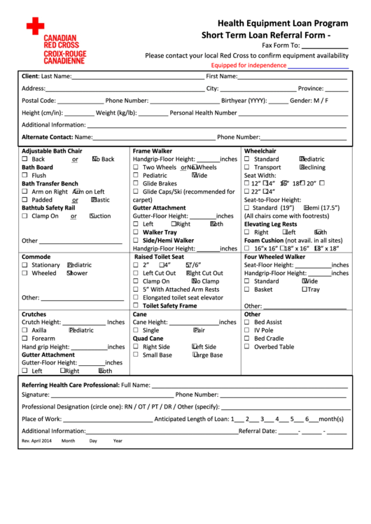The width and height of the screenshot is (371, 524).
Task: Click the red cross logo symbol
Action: click(x=35, y=27)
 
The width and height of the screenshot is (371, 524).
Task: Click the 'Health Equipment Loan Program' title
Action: click(x=282, y=23)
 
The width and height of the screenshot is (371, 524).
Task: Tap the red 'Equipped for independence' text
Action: click(x=248, y=65)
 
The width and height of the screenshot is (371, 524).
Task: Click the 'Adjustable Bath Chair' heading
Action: click(x=52, y=151)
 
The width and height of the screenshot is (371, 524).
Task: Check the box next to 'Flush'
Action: click(x=24, y=176)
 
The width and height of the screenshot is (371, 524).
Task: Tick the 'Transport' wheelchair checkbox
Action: click(x=246, y=167)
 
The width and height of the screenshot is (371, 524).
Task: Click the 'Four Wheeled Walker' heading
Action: click(x=274, y=257)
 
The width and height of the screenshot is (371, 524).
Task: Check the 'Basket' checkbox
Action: click(x=246, y=289)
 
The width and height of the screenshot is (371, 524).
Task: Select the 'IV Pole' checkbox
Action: click(x=246, y=330)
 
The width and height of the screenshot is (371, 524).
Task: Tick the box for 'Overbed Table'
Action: click(x=246, y=346)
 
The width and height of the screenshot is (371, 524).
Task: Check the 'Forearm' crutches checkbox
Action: click(x=24, y=339)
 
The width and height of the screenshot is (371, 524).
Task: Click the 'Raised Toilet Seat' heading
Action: click(x=158, y=257)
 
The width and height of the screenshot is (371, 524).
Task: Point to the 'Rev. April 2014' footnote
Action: click(x=36, y=441)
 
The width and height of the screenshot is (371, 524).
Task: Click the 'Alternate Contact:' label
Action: click(x=47, y=137)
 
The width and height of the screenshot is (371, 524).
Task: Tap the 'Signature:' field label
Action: click(x=36, y=395)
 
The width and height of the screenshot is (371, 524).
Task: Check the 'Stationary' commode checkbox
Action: click(x=24, y=265)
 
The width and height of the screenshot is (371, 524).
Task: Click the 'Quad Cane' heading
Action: click(x=148, y=339)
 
